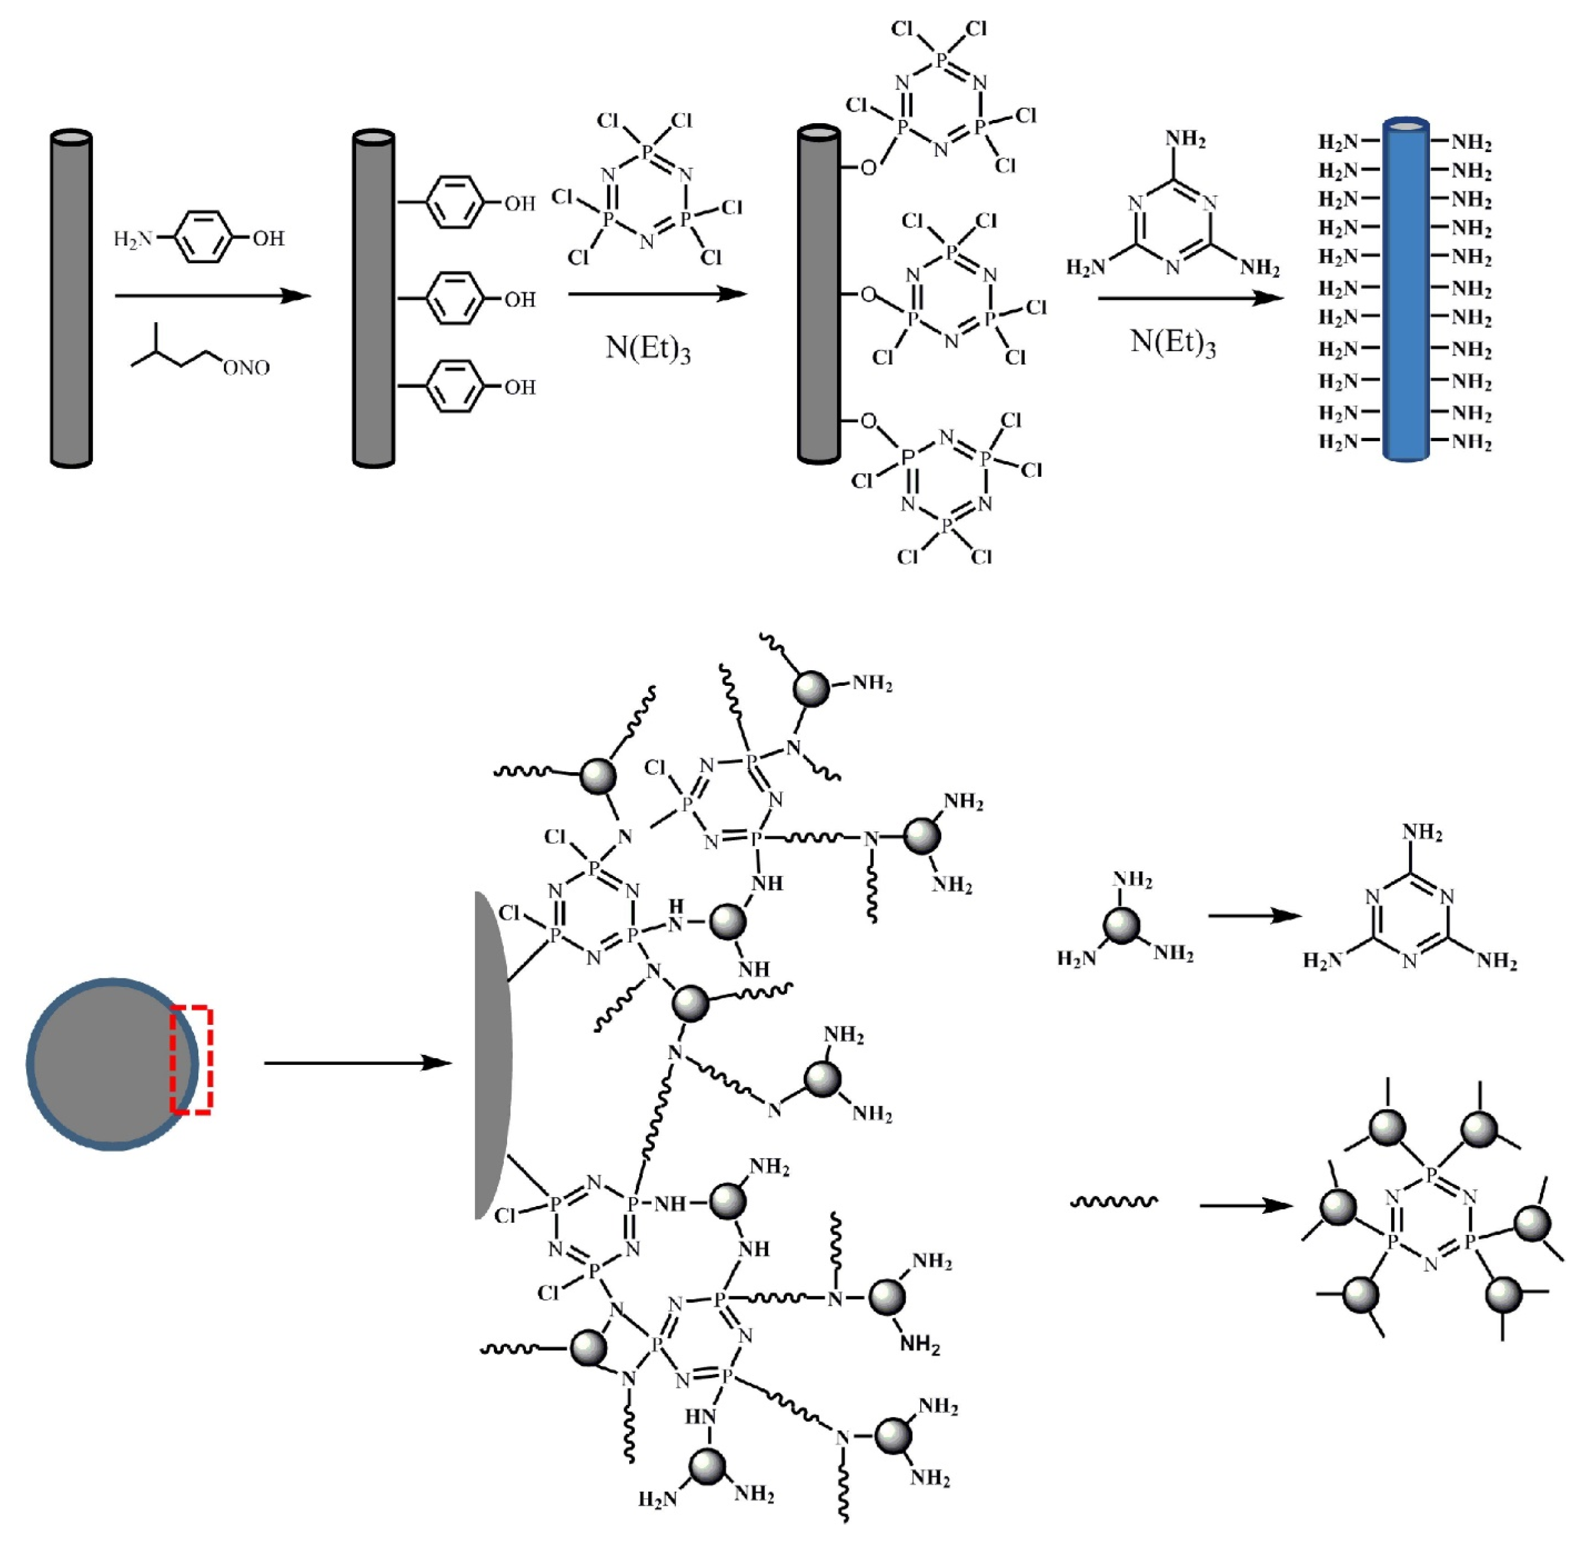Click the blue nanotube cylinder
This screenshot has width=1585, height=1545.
[1405, 292]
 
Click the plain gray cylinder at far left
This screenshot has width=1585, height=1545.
[71, 300]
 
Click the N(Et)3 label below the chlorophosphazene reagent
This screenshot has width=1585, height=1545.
[647, 349]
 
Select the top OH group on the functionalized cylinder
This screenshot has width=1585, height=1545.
[520, 203]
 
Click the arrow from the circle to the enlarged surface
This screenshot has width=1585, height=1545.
[357, 1063]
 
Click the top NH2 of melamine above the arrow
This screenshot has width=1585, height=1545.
[1185, 139]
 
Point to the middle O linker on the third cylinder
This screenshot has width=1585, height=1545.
[868, 294]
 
